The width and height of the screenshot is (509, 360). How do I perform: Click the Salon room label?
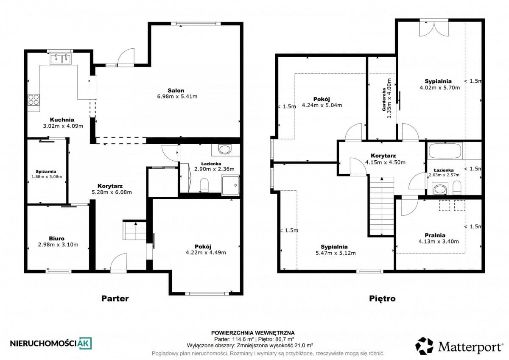click(176, 90)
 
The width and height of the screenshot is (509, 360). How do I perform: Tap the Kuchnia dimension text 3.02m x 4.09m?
click(63, 126)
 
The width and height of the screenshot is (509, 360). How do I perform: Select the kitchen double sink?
click(60, 59)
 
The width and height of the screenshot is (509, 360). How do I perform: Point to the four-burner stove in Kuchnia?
click(34, 100)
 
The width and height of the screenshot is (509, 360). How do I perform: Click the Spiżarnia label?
click(46, 172)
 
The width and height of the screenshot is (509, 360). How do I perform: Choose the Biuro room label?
click(57, 238)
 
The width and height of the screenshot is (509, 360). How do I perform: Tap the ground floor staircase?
click(134, 230)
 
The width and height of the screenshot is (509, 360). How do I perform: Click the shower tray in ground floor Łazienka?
click(230, 185)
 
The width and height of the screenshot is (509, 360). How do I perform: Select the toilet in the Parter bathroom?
click(204, 186)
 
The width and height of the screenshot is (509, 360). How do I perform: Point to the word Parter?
click(115, 298)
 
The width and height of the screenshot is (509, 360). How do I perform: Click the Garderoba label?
click(384, 100)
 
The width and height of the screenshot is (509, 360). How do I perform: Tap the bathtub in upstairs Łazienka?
click(445, 151)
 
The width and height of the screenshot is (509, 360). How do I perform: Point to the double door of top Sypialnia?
click(434, 28)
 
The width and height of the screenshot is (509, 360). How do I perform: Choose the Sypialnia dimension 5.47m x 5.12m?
click(336, 253)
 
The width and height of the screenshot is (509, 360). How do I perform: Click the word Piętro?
click(382, 298)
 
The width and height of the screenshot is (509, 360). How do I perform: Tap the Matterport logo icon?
click(424, 346)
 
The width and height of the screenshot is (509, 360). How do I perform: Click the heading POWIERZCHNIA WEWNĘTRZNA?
click(253, 333)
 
